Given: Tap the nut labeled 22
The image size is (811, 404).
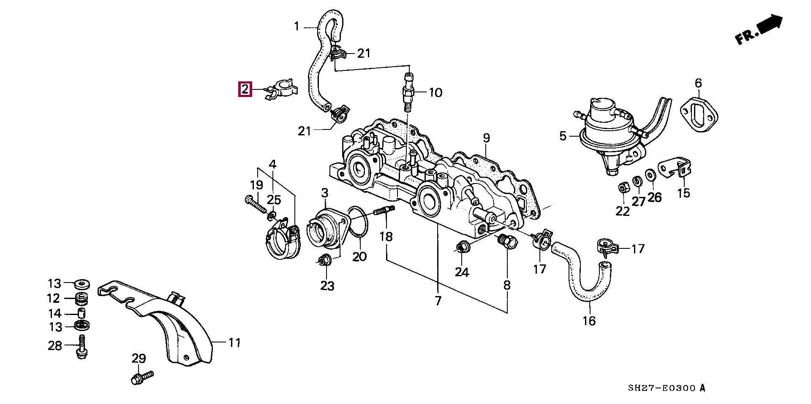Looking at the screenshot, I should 622,188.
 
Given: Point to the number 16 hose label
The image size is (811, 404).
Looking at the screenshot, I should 589,321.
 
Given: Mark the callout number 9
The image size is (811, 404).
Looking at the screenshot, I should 486,138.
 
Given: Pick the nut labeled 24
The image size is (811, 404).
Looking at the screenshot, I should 461,247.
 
